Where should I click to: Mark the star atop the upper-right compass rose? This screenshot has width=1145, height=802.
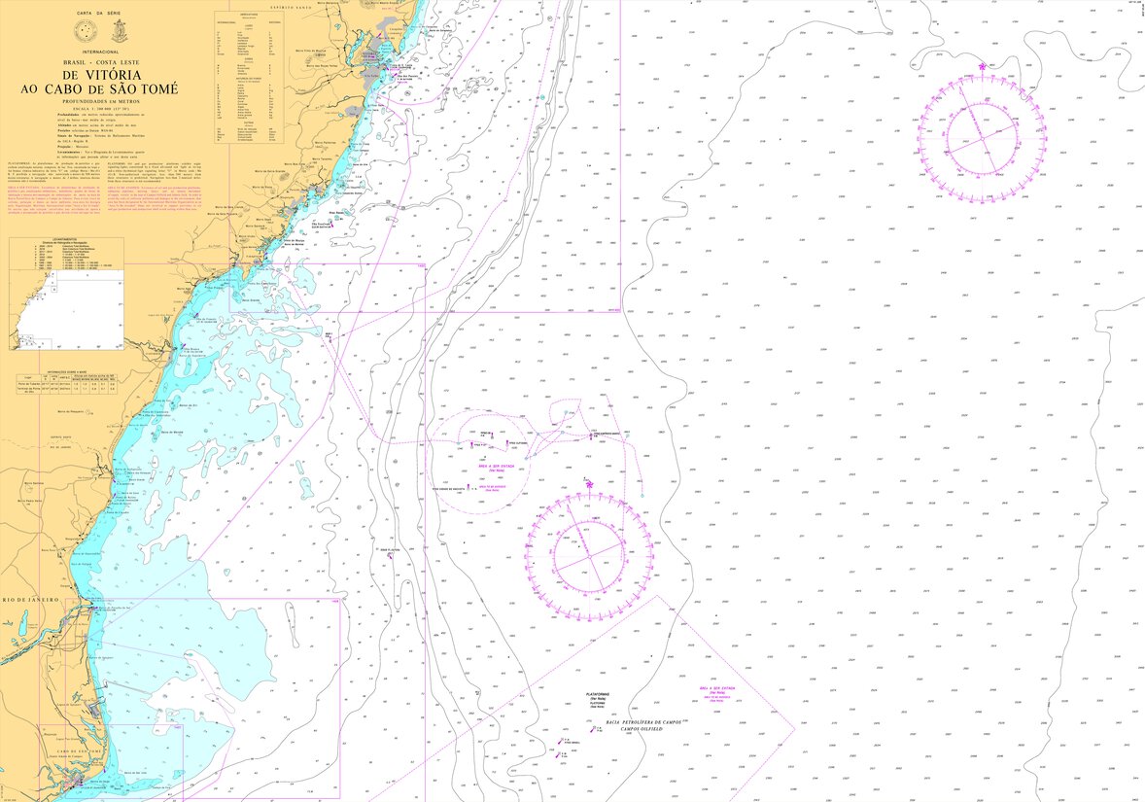coord(984,67)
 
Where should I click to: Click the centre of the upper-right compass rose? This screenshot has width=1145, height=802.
coord(983,136)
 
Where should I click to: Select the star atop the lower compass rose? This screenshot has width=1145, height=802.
coord(589,480)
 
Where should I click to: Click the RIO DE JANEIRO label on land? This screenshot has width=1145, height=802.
coord(29,601)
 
